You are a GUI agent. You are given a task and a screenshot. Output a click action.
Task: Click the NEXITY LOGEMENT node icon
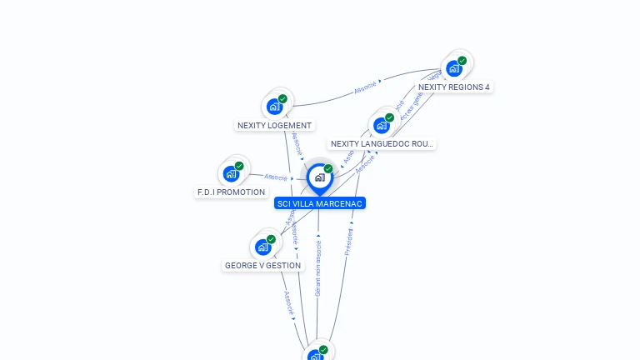[x=274, y=106]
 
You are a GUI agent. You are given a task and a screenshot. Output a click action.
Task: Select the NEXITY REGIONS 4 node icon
[x=454, y=67]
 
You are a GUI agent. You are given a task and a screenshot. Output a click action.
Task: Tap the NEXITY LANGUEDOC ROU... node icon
[x=382, y=125]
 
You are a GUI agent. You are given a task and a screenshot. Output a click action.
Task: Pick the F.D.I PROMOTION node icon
[x=231, y=173]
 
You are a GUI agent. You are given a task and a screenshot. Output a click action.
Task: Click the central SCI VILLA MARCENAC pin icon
[x=319, y=177]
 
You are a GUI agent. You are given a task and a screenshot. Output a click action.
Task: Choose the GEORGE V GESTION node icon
[x=263, y=247]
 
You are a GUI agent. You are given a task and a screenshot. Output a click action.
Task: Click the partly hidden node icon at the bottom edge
[x=316, y=355]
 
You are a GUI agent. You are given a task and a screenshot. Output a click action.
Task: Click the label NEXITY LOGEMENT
[x=274, y=126]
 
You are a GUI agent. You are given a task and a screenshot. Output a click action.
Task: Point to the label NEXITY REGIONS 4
[x=454, y=87]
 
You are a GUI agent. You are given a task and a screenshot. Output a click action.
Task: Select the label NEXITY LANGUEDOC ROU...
[x=382, y=144]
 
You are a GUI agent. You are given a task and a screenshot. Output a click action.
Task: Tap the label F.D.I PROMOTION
[x=231, y=192]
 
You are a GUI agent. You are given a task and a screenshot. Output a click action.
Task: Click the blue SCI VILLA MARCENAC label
[x=320, y=203]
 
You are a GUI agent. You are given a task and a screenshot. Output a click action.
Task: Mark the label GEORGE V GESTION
[x=263, y=266]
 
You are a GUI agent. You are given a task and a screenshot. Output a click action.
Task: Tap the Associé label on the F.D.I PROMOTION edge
[x=276, y=177]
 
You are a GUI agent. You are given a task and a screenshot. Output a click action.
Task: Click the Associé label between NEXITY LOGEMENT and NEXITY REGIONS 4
[x=366, y=85]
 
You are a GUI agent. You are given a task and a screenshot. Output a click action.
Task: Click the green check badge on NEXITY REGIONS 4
[x=462, y=60]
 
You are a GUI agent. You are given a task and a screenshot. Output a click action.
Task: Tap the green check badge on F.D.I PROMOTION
[x=239, y=166]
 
